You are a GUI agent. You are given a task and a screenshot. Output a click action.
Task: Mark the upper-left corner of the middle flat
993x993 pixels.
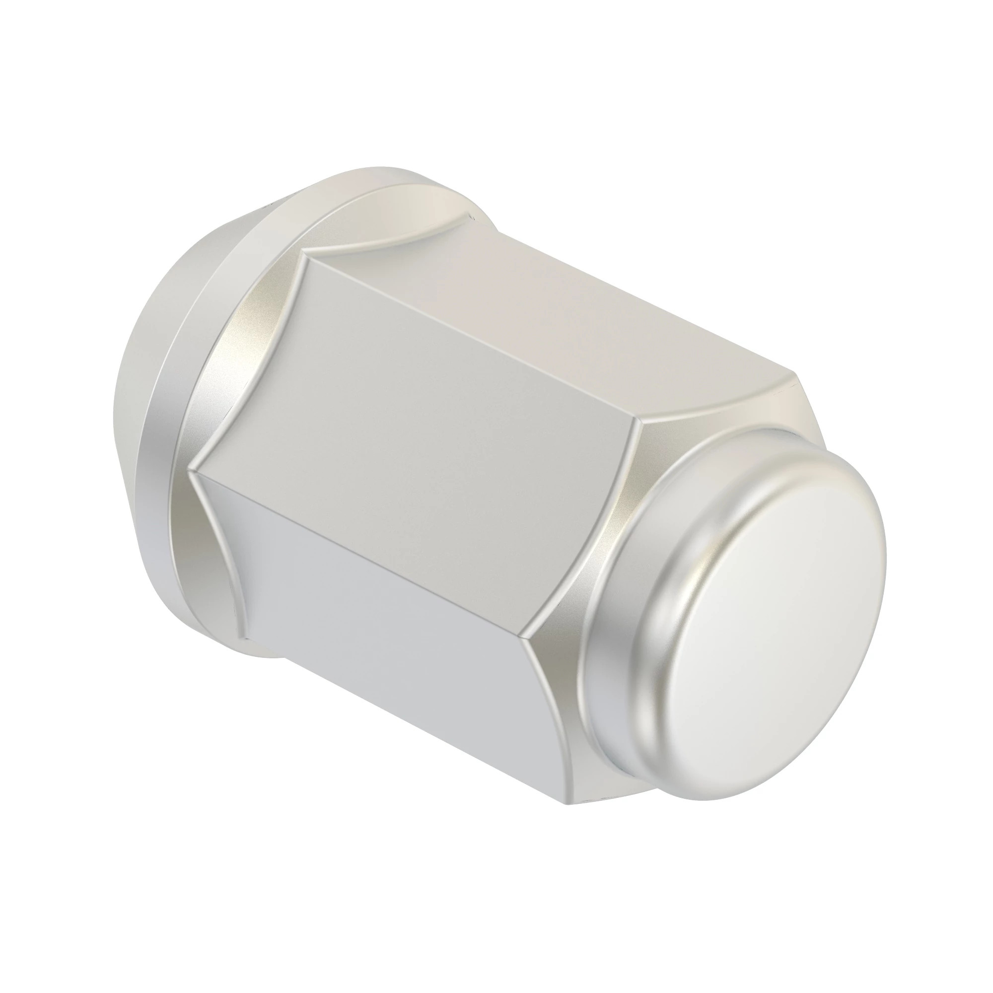[307, 258]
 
